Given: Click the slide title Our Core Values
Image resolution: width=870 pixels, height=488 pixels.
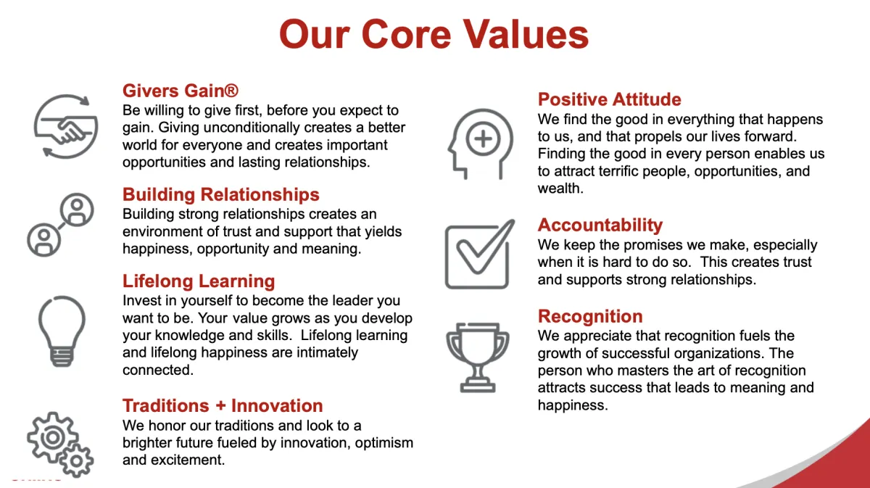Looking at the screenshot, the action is (434, 35).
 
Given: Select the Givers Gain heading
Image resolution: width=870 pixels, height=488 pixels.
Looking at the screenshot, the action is (181, 91).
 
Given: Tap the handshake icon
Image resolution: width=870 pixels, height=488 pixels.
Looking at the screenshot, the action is (66, 126).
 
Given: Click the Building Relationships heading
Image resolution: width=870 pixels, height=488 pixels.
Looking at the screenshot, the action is (220, 194).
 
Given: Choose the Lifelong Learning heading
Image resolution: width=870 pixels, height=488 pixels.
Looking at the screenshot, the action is (199, 281).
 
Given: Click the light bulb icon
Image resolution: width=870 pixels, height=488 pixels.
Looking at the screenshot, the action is (62, 331).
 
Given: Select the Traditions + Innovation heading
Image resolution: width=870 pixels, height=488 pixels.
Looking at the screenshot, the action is (223, 405).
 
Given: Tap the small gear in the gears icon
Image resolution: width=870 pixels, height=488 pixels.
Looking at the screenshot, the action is (77, 460).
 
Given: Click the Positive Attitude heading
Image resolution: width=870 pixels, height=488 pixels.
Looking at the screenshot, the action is (610, 99).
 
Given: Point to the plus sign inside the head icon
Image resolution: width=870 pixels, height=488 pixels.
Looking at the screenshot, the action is (483, 138).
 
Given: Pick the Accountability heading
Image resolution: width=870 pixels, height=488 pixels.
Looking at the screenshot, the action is (600, 225).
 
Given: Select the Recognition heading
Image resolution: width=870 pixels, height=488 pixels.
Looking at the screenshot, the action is (590, 316).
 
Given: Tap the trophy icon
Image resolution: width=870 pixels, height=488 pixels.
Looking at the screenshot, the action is (478, 357).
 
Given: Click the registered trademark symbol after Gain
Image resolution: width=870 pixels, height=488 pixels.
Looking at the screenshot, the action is (231, 91).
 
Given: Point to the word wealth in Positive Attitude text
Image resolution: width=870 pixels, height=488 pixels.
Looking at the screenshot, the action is (560, 189).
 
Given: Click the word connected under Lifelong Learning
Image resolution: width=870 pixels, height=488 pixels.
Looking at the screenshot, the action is (158, 370).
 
